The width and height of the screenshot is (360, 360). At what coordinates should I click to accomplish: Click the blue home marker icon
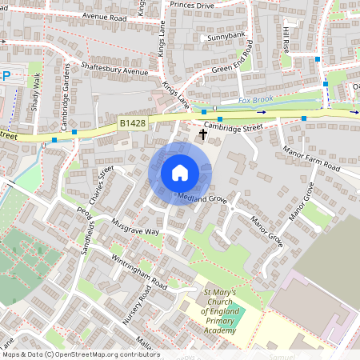(180, 173)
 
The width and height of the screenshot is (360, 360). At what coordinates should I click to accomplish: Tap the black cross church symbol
(202, 134)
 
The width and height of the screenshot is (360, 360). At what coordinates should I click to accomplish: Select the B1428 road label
(133, 123)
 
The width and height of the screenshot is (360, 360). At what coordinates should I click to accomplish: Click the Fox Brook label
(256, 101)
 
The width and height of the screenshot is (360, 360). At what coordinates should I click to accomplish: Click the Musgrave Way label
(136, 226)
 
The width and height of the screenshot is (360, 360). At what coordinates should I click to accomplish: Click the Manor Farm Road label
(310, 160)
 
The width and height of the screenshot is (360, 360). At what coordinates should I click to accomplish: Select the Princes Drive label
(191, 4)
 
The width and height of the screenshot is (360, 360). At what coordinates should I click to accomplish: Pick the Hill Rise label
(286, 40)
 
